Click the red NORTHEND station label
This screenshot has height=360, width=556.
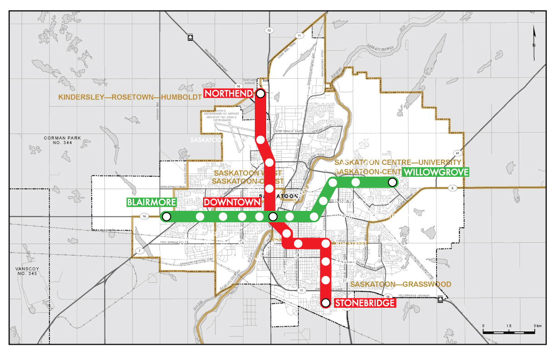[228, 93]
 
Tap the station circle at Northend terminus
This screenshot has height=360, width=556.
[261, 93]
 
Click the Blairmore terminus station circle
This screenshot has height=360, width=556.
[166, 217]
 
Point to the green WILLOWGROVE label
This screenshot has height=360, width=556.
[435, 172]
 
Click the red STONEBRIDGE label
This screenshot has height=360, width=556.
[364, 303]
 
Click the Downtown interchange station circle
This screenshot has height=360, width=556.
[273, 217]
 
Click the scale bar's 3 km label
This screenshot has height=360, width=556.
[538, 326]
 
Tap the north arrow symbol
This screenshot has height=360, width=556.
[535, 37]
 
